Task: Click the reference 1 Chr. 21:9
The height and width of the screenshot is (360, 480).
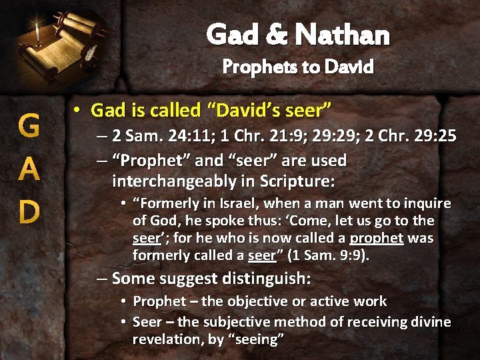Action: pyautogui.click(x=251, y=137)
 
